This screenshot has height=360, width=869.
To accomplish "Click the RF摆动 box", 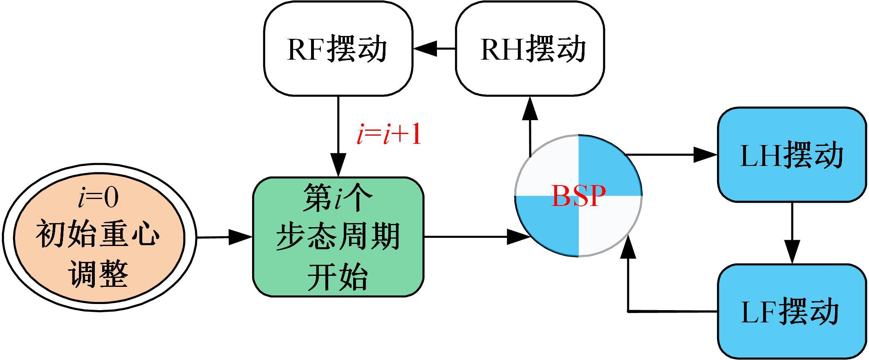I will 338,49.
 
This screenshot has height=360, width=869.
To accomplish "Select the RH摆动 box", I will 530,49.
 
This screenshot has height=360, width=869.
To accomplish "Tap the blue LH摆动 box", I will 792,155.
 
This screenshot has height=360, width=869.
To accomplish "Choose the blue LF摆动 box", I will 792,312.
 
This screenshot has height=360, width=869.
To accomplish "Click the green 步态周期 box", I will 338,237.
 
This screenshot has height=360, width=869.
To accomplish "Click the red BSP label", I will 578,196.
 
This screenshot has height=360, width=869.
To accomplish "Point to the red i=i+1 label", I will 389,135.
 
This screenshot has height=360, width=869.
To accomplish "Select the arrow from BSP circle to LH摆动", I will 670,155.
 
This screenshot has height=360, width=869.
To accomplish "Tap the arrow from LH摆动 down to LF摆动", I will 792,233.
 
